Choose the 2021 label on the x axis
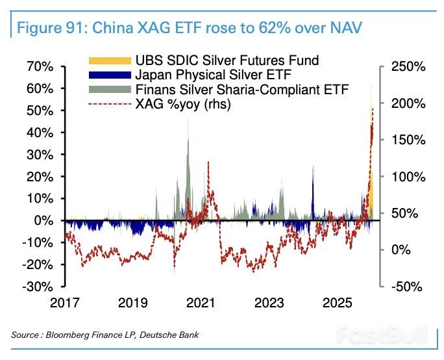point(201,303)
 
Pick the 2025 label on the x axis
point(338,303)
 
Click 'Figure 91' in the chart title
point(51,29)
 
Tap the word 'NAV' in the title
point(349,29)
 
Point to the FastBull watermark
point(383,335)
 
